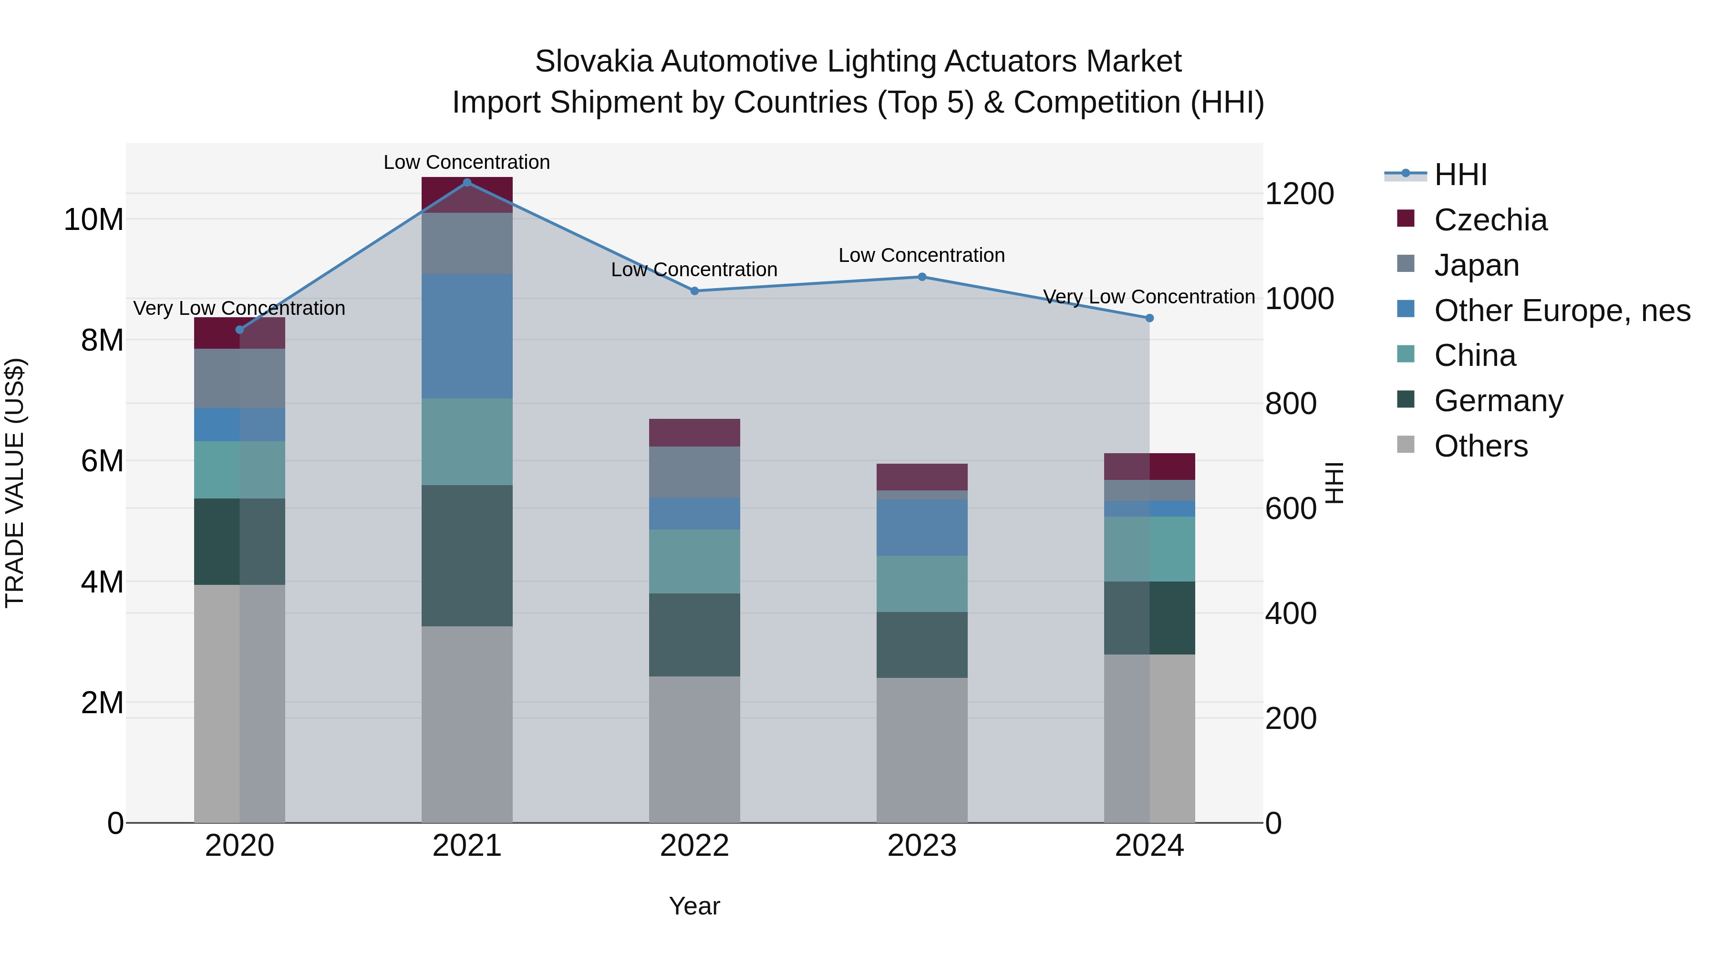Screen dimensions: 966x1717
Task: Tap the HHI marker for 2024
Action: (x=1149, y=319)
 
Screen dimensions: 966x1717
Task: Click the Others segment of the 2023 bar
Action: (x=922, y=750)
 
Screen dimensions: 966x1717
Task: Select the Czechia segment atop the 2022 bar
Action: (x=694, y=433)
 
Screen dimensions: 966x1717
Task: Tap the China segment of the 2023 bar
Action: (x=922, y=584)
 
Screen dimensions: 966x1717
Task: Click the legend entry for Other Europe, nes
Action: (x=1562, y=311)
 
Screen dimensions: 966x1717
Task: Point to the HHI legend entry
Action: (x=1460, y=175)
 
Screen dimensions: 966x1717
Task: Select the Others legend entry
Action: (x=1480, y=446)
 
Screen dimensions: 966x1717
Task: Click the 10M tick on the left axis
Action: (x=93, y=220)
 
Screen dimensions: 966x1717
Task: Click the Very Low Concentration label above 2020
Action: (x=239, y=309)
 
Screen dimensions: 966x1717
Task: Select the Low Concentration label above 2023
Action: (x=922, y=255)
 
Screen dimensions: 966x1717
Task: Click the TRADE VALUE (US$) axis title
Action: (x=15, y=483)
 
